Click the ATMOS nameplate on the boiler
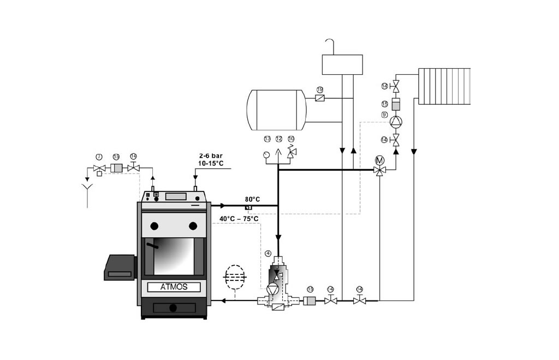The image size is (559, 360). pyautogui.click(x=174, y=287)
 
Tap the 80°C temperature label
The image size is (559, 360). pyautogui.click(x=252, y=199)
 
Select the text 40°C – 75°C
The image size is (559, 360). pyautogui.click(x=239, y=219)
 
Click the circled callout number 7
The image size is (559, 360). pyautogui.click(x=99, y=157)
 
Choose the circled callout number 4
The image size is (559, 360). pyautogui.click(x=268, y=253)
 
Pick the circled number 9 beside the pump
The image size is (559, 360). pyautogui.click(x=384, y=115)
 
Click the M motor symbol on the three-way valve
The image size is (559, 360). pyautogui.click(x=380, y=160)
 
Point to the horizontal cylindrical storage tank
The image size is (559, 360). pyautogui.click(x=276, y=110)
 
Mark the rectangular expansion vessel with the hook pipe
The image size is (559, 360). pyautogui.click(x=342, y=64)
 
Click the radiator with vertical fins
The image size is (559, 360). pyautogui.click(x=444, y=86)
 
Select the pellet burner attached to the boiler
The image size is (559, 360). pyautogui.click(x=119, y=267)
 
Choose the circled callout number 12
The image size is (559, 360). pyautogui.click(x=279, y=139)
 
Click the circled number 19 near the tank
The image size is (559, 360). pyautogui.click(x=320, y=89)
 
